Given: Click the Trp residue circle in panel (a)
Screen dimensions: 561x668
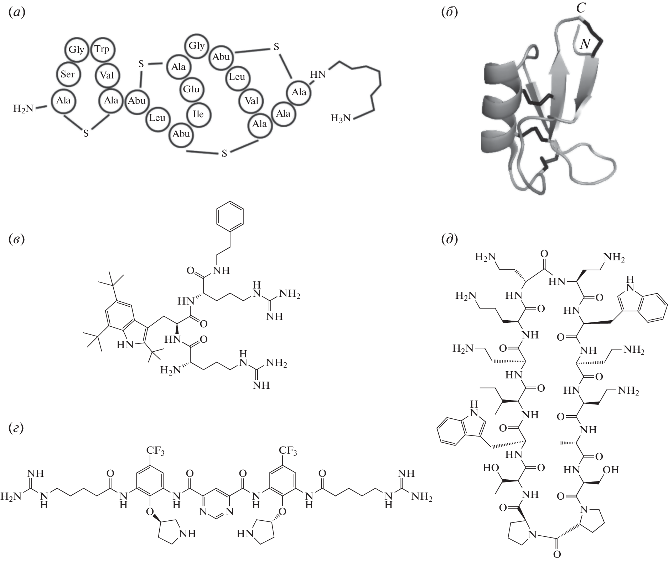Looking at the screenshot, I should tap(102, 49).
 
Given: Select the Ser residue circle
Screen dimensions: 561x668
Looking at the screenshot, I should tap(68, 74).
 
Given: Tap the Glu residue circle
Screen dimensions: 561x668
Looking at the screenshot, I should tap(191, 89).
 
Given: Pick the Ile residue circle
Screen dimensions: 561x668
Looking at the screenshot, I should tap(198, 114).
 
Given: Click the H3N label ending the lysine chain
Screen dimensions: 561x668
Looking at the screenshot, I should tap(341, 118).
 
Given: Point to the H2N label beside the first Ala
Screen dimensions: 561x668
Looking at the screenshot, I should tap(24, 108).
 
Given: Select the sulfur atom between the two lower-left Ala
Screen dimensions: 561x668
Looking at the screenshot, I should tap(86, 133).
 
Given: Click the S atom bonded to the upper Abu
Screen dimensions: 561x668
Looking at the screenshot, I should tap(276, 47).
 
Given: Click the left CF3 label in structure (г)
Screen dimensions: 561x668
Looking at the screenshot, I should tap(153, 452).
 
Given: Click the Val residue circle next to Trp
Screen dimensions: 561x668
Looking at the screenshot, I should tap(107, 75).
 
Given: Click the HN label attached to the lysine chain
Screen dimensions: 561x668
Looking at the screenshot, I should tap(318, 74).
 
